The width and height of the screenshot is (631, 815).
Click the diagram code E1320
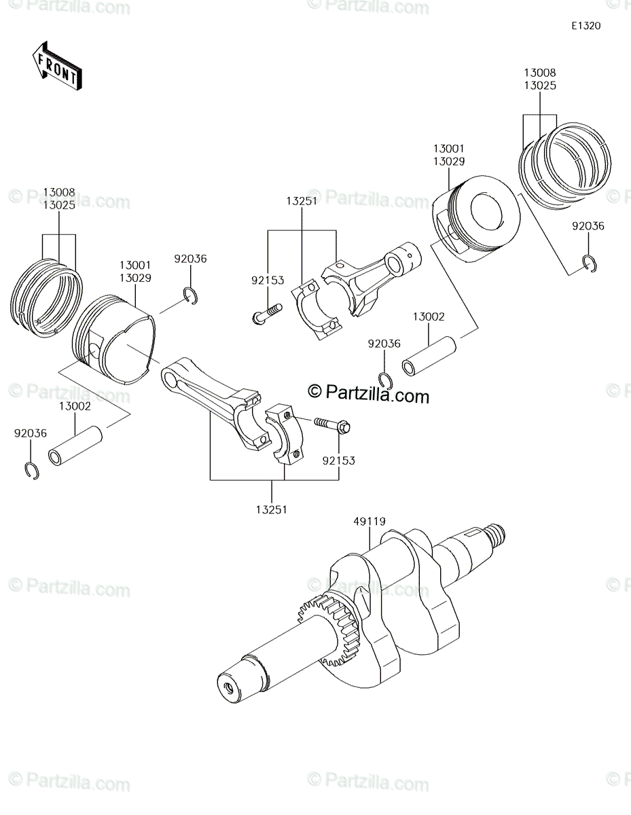click(x=586, y=26)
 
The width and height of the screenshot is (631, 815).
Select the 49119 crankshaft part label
click(x=369, y=522)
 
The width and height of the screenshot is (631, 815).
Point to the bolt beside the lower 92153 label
click(x=332, y=425)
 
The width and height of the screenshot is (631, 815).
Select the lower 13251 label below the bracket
click(x=272, y=509)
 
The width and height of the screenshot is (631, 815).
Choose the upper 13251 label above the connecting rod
click(x=302, y=201)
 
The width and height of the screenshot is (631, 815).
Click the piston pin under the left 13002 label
click(x=75, y=446)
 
